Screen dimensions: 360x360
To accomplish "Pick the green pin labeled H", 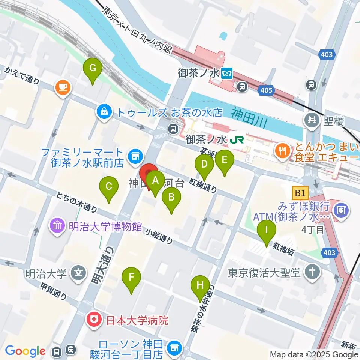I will click(x=200, y=286).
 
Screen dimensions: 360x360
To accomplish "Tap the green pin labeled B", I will click(x=171, y=198).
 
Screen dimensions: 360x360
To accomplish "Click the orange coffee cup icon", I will click(x=63, y=87).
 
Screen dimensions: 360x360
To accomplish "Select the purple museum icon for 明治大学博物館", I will click(x=57, y=226).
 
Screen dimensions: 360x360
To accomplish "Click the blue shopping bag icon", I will click(x=103, y=111).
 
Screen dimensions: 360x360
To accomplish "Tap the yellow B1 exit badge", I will click(x=300, y=193).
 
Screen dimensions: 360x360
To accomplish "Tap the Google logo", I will click(x=25, y=351).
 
